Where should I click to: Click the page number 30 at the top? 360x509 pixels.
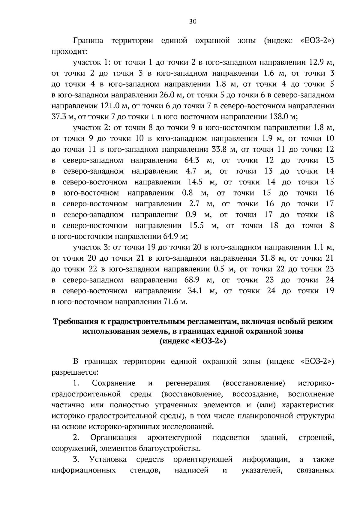(193, 21)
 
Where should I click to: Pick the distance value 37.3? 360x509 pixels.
(59, 117)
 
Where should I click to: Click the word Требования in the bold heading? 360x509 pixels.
(73, 322)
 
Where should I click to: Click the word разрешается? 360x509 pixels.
(75, 373)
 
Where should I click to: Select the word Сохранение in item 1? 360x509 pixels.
(114, 384)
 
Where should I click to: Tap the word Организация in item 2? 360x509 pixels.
(114, 438)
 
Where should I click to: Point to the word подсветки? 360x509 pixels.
(231, 438)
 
